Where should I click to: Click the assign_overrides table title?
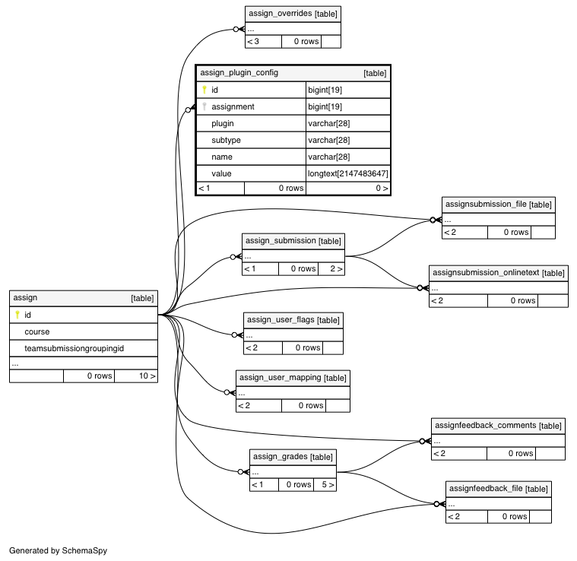tap(281, 14)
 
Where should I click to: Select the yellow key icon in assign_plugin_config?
tap(204, 90)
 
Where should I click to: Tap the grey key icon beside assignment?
tap(204, 106)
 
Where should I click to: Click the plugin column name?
tap(222, 123)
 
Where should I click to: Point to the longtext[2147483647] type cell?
tap(347, 173)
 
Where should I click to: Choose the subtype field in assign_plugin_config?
tap(226, 140)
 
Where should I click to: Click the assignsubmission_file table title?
tap(486, 204)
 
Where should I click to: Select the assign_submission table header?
tap(293, 241)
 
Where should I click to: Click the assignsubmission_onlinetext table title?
tap(486, 273)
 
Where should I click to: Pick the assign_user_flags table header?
tap(293, 320)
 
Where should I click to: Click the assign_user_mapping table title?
tap(280, 378)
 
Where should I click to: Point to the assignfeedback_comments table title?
tap(485, 426)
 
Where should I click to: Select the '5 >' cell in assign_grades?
tap(328, 484)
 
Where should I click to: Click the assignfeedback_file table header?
tap(499, 489)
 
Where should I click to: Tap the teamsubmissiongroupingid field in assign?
tap(74, 348)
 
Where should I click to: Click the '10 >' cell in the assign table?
tap(147, 376)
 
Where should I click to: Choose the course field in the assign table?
tap(36, 331)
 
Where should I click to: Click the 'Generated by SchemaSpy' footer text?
tap(58, 550)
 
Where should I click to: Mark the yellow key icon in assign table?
tap(17, 315)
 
